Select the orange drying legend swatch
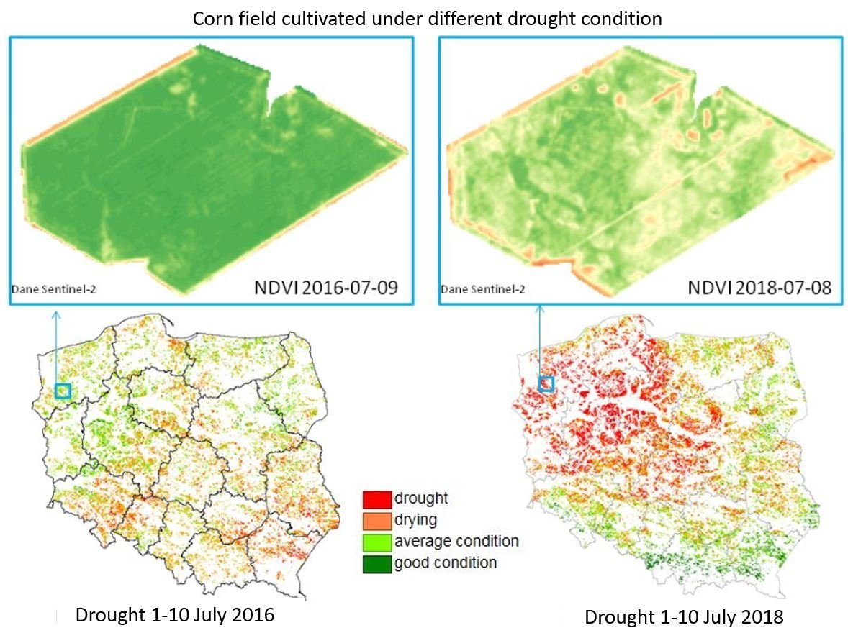(x=377, y=519)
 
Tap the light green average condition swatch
(x=377, y=541)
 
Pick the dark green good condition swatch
(x=377, y=563)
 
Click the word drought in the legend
(x=421, y=498)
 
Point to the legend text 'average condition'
(x=456, y=541)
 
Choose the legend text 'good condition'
(x=446, y=563)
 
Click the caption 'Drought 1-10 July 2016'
(x=175, y=616)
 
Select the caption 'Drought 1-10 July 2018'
(x=683, y=617)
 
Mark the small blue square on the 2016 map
(x=63, y=391)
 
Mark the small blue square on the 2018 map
(x=546, y=384)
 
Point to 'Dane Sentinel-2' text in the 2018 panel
(x=483, y=291)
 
